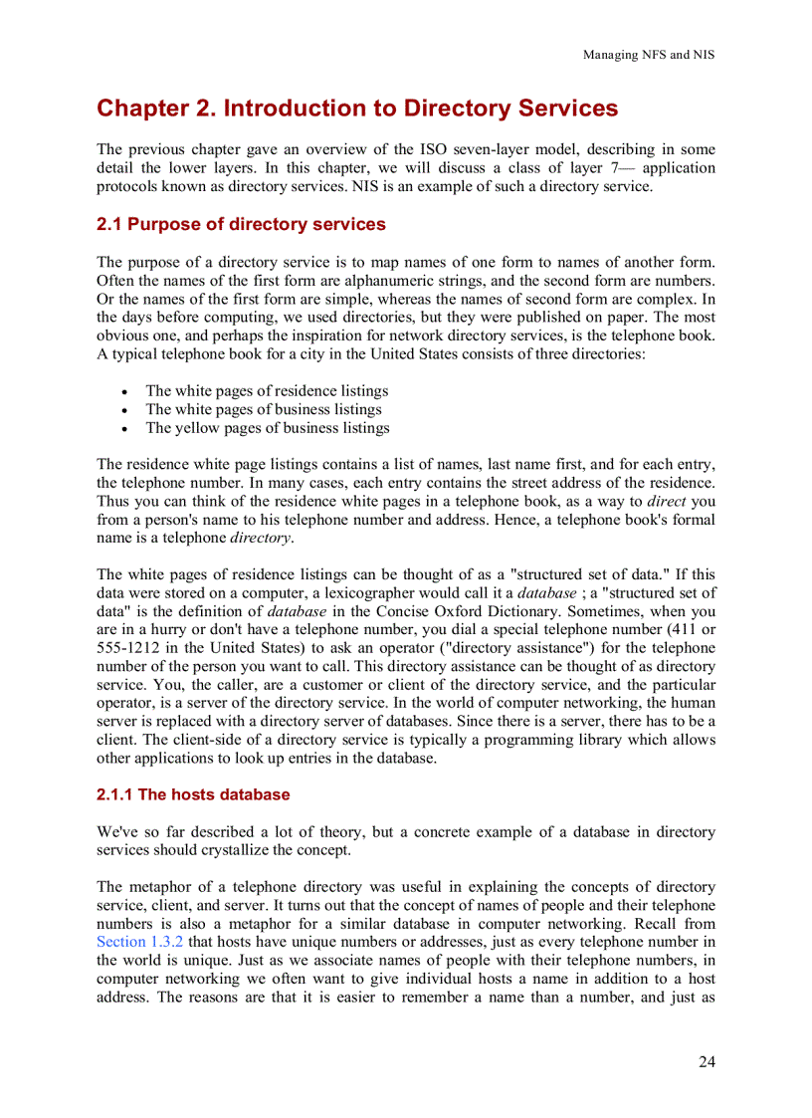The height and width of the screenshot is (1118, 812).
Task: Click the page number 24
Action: click(x=706, y=1061)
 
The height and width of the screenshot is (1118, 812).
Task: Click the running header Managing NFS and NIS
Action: click(x=648, y=55)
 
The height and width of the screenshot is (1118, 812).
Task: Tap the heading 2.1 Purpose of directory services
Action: click(x=241, y=224)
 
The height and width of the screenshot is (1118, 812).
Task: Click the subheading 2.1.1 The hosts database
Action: click(x=193, y=794)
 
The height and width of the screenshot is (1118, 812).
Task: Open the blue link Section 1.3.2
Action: click(x=139, y=942)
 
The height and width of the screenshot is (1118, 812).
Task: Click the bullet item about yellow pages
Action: click(x=267, y=428)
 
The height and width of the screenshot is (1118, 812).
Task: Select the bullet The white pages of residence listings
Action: click(x=267, y=390)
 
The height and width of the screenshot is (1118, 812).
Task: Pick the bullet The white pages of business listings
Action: click(x=264, y=409)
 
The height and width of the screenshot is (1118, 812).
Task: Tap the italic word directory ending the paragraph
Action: click(x=261, y=539)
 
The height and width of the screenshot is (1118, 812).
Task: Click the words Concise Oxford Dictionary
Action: click(x=467, y=611)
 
